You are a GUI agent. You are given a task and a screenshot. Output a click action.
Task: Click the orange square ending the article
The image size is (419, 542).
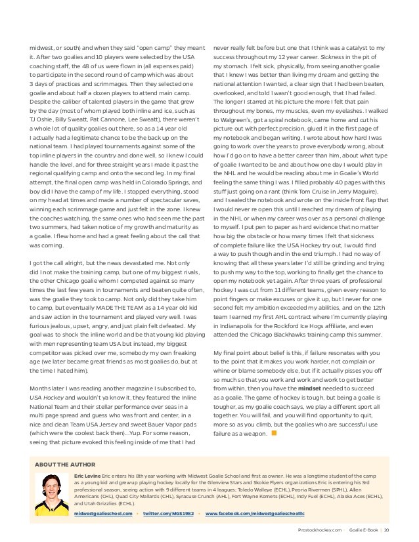274,433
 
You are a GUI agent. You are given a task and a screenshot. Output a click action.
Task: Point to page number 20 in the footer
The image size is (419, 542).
387,530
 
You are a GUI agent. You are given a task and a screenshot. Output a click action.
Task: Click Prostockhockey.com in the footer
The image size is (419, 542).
319,530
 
